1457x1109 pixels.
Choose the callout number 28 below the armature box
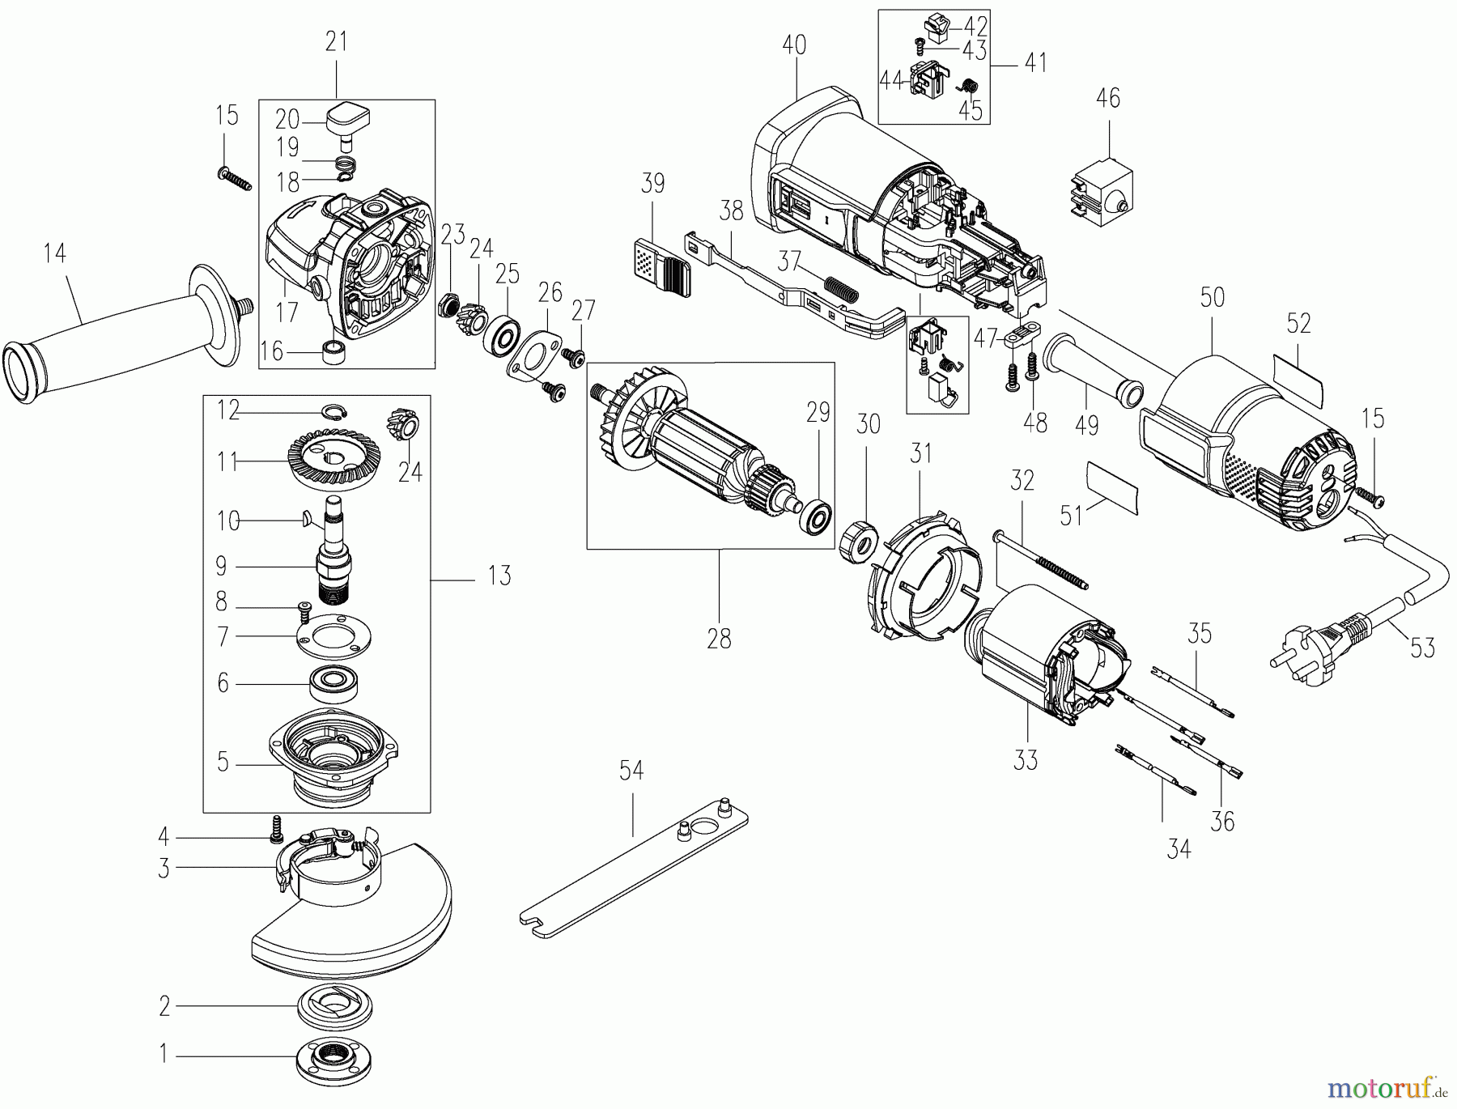pos(719,639)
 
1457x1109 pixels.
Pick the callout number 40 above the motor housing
pos(794,45)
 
